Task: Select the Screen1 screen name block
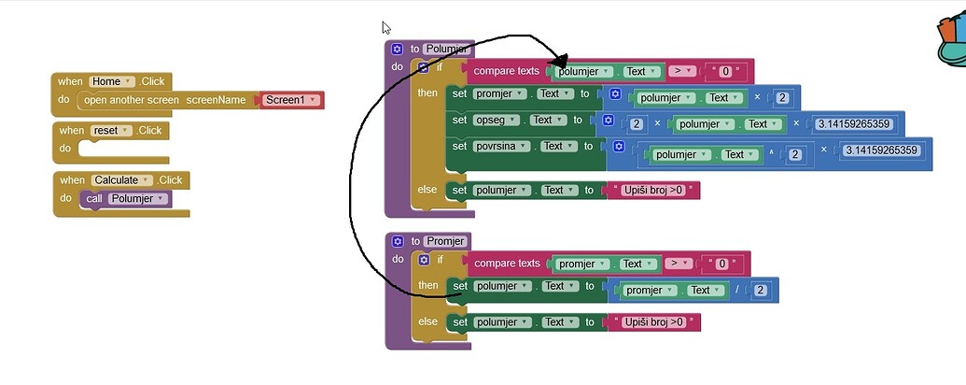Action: click(291, 100)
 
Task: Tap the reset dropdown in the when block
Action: click(111, 131)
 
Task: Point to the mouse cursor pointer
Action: click(386, 28)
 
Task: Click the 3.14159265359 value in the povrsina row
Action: click(881, 150)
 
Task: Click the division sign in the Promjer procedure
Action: click(736, 291)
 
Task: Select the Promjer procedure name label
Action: click(446, 241)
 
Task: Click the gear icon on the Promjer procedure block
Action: click(397, 241)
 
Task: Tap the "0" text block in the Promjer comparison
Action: click(721, 264)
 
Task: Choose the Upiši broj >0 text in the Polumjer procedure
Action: click(653, 191)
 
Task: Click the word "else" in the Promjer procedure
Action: click(427, 321)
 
